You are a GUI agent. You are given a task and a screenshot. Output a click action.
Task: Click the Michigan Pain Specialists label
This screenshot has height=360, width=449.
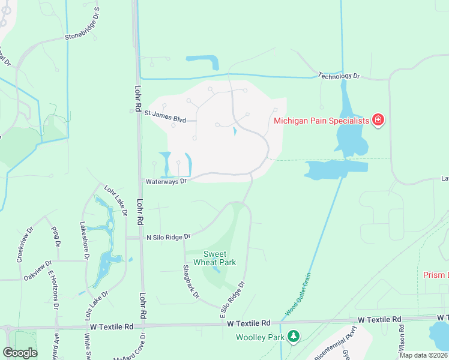coord(321,121)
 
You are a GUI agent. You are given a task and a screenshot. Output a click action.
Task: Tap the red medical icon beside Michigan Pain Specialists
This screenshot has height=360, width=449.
coord(378,121)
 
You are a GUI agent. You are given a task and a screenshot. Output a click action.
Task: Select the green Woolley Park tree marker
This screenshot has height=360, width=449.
coord(294,337)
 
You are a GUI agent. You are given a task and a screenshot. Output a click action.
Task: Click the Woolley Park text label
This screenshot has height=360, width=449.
coord(260,338)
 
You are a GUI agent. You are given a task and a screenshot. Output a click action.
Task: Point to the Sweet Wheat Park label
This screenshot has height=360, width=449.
coord(219,258)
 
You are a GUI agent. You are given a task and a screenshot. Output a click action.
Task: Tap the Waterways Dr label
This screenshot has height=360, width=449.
coord(167,181)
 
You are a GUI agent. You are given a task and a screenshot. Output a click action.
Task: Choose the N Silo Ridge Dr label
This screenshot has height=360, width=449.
coord(169,237)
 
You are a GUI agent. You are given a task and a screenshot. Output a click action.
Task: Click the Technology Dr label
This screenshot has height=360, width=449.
coord(339,76)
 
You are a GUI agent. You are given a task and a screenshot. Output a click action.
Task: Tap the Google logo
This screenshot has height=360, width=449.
coord(20,353)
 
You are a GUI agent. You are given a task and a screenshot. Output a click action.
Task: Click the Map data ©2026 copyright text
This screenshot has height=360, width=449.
coord(424,355)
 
